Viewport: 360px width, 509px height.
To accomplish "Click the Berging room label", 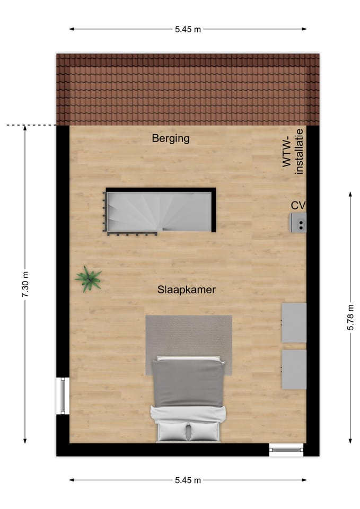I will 170,139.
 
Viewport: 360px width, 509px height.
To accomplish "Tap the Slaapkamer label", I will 186,290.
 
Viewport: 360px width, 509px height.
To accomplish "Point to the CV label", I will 298,205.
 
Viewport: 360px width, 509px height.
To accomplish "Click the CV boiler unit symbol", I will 298,223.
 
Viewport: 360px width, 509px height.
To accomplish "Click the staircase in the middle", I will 159,211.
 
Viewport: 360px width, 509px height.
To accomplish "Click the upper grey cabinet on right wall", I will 294,322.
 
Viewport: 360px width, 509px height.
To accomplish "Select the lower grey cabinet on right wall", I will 294,370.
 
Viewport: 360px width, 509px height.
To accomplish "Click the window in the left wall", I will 63,396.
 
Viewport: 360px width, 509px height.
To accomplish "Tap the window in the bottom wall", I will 286,450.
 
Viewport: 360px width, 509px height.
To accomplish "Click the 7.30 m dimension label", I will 25,284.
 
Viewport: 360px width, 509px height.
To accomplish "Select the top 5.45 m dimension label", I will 188,29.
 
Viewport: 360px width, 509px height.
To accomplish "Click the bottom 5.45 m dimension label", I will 188,480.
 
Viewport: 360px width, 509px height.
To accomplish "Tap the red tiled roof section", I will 188,89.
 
